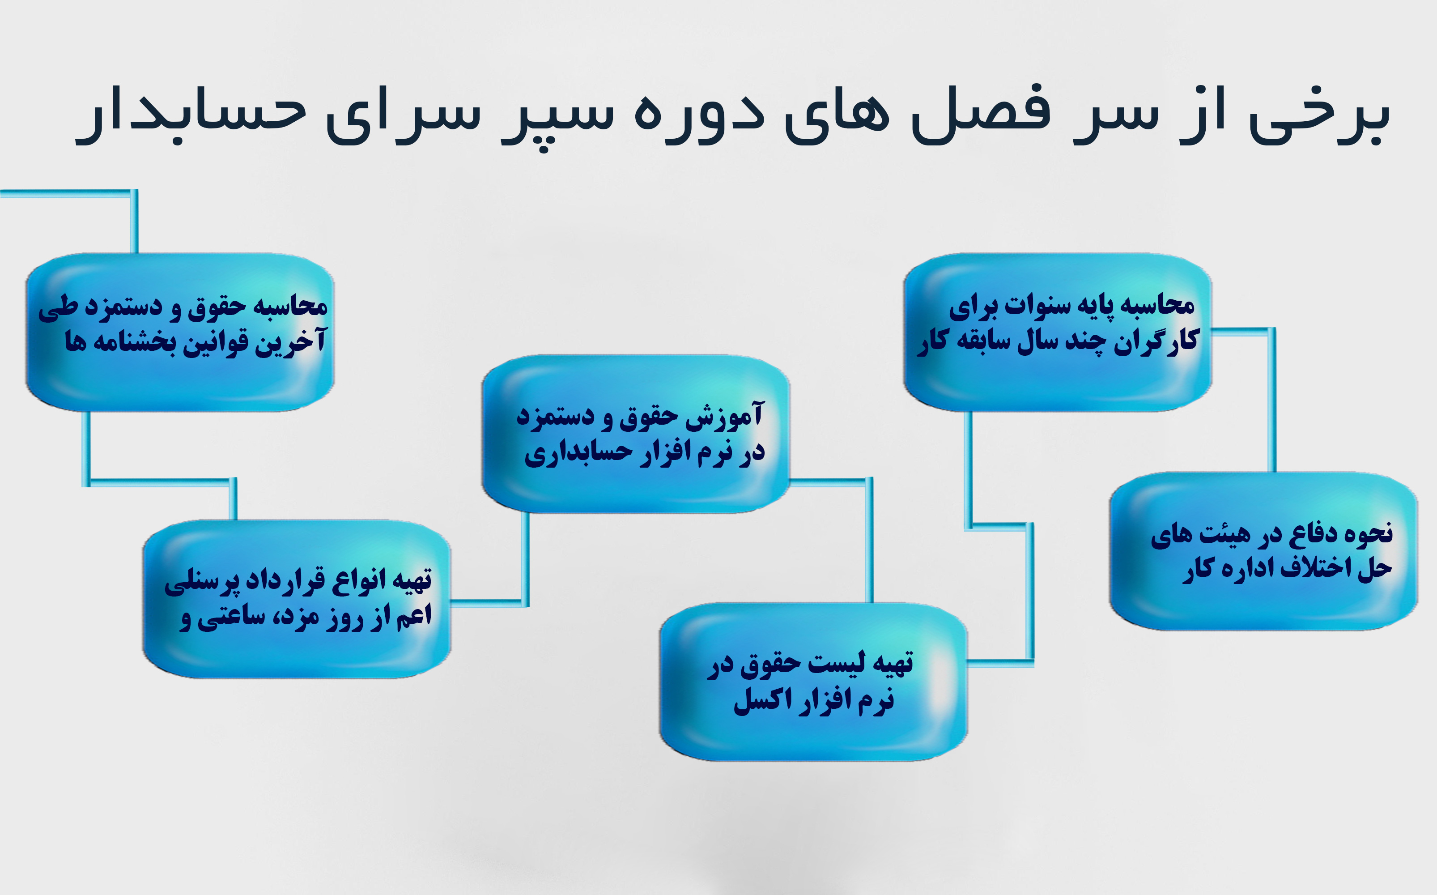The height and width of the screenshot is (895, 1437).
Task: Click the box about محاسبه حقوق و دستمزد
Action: pos(180,332)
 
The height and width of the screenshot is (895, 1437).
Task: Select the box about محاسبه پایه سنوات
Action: pos(1057,332)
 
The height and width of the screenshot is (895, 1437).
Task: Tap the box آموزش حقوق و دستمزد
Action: pos(636,434)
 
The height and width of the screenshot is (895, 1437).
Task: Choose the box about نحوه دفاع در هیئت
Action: pos(1263,551)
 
